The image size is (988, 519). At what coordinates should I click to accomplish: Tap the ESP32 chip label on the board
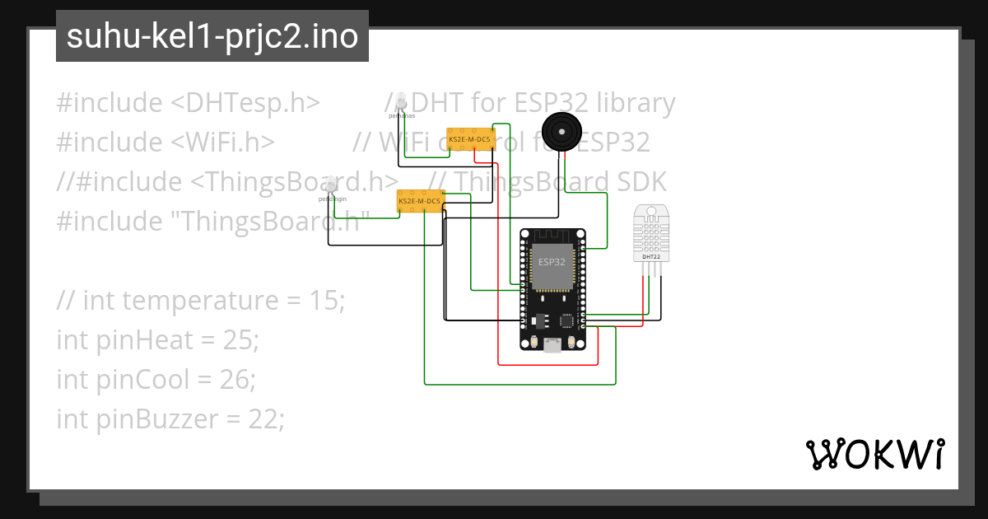[551, 262]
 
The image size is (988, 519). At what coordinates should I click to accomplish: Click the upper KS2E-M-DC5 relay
[469, 140]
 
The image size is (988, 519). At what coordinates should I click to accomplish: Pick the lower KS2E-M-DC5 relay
[420, 201]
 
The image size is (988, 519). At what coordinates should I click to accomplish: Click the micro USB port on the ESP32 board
[552, 346]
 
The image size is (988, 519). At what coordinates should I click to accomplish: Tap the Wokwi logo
[874, 454]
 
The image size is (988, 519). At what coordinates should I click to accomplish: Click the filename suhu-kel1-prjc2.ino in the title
[212, 37]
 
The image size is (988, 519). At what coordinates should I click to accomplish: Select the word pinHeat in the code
[143, 339]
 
